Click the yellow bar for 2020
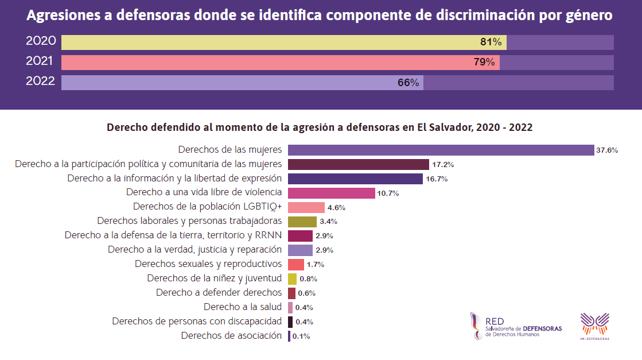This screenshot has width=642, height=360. [270, 42]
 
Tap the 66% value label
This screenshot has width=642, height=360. [408, 83]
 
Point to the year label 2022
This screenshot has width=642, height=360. [41, 82]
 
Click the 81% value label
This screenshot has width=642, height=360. [491, 42]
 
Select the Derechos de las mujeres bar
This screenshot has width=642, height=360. [440, 150]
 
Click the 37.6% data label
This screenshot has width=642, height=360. [607, 150]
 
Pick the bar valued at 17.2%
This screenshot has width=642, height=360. [358, 164]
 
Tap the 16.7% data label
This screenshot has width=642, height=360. [437, 179]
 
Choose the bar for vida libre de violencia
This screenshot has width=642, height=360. [331, 193]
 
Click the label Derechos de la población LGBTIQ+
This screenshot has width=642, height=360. [207, 206]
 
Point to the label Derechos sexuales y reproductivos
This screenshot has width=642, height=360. [208, 264]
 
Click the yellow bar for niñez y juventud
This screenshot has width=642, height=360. [292, 278]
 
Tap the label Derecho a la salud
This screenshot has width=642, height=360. [243, 307]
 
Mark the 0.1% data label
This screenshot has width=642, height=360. [301, 336]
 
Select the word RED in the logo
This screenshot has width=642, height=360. [495, 322]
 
